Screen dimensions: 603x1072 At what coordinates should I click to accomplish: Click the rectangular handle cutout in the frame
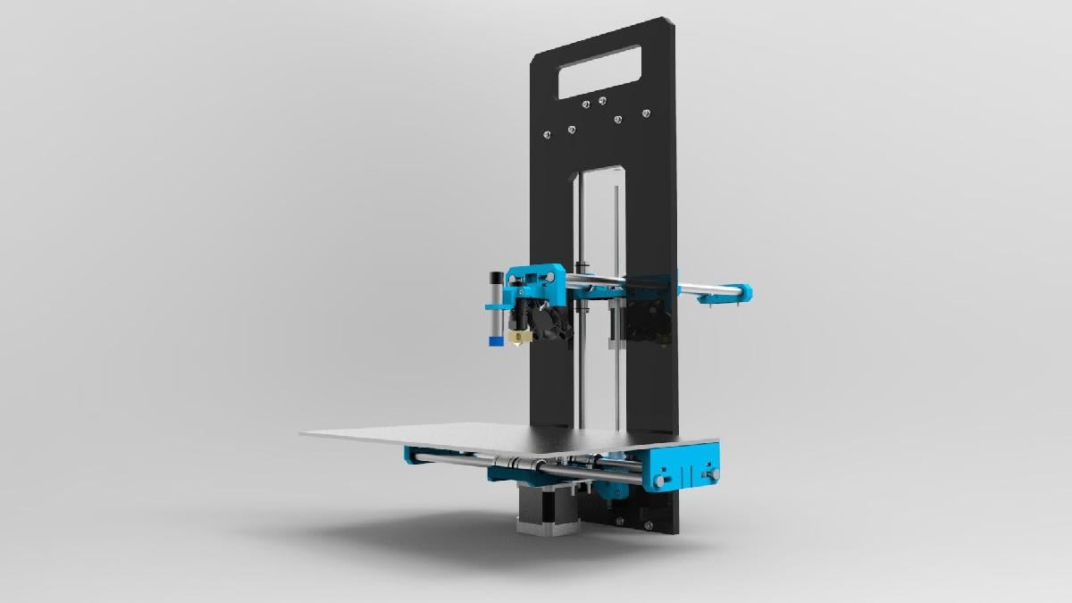[x=602, y=71]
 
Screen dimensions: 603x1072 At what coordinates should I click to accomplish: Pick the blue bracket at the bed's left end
[x=416, y=456]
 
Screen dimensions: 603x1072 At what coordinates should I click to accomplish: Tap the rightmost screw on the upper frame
[x=647, y=113]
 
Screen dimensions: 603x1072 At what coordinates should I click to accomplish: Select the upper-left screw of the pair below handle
[x=586, y=105]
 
